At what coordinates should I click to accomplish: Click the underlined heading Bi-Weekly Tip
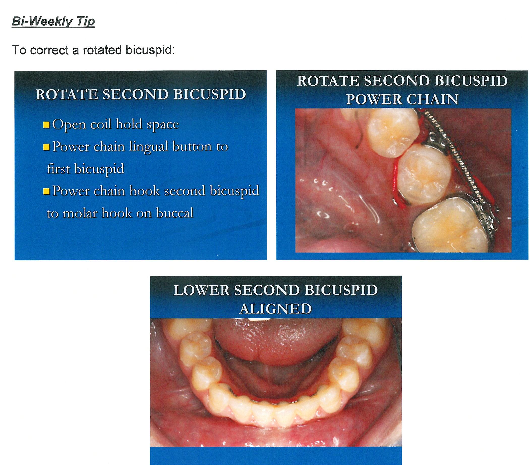[53, 22]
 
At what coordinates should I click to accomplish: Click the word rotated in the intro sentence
[102, 50]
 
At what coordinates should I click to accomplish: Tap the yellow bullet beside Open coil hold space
[46, 125]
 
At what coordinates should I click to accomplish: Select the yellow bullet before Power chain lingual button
[46, 147]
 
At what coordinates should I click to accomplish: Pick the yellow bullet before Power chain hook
[46, 192]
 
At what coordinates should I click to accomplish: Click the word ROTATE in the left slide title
[67, 94]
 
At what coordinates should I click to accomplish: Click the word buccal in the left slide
[174, 213]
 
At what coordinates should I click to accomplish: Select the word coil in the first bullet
[101, 124]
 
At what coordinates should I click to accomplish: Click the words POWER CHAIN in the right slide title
[402, 99]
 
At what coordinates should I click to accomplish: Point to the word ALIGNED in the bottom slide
[276, 309]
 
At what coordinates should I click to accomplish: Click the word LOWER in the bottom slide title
[201, 290]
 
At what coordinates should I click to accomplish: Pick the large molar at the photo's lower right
[451, 226]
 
